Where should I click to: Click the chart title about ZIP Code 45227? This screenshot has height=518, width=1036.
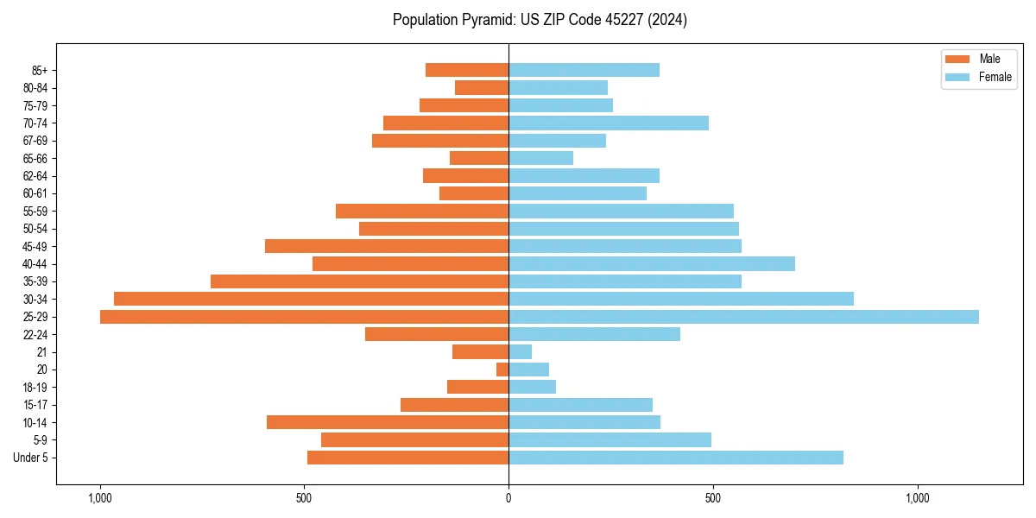[540, 20]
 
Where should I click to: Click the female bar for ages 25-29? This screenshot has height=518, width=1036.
[743, 317]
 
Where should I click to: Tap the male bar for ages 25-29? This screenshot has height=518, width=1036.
[304, 317]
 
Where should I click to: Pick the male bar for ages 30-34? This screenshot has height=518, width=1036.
[311, 299]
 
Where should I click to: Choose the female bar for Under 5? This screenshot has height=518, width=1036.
[676, 458]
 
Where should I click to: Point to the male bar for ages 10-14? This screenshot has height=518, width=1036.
[388, 422]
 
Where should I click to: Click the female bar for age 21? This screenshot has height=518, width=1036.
[521, 352]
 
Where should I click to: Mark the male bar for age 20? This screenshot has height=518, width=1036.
[502, 370]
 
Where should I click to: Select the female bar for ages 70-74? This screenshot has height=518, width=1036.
[609, 123]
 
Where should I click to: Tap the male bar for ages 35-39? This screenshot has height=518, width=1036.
[359, 281]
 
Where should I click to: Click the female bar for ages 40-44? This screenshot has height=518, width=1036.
[652, 263]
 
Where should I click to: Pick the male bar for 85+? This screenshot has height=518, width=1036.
[467, 70]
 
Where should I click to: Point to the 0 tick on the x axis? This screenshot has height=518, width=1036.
[509, 498]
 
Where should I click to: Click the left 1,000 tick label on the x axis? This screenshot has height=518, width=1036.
[100, 498]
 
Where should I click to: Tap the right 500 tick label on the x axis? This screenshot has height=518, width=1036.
[712, 498]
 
